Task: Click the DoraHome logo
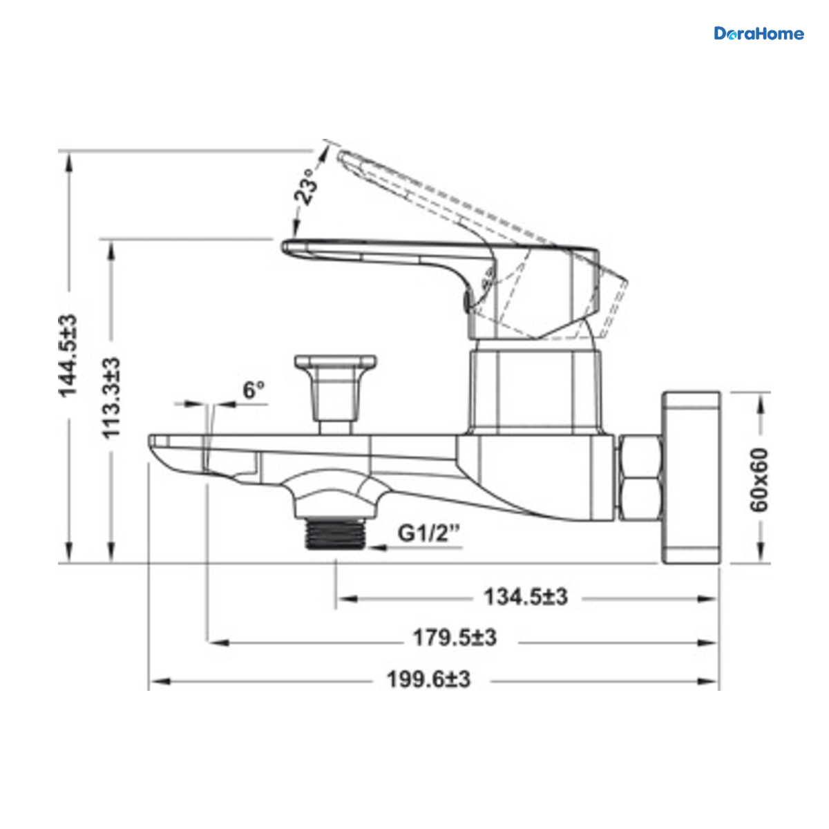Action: tap(759, 34)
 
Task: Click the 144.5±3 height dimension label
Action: tap(68, 356)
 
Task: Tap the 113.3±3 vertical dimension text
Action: tap(111, 398)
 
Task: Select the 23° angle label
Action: tap(305, 187)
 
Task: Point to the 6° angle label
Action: tap(254, 390)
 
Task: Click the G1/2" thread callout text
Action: tap(428, 533)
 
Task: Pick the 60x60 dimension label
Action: tap(759, 479)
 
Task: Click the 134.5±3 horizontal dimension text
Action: tap(526, 597)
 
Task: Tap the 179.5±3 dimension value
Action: tap(455, 638)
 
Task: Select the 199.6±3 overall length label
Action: tap(428, 680)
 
